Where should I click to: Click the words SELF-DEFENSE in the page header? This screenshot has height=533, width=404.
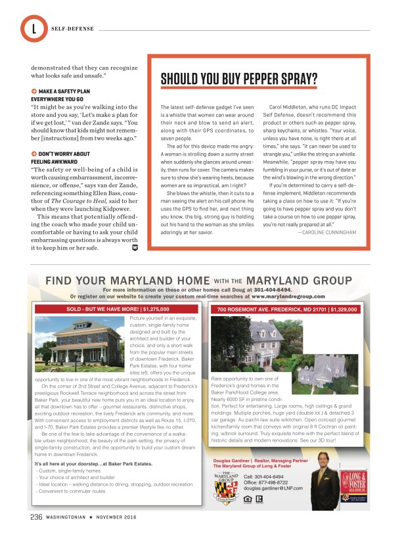click(x=72, y=29)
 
